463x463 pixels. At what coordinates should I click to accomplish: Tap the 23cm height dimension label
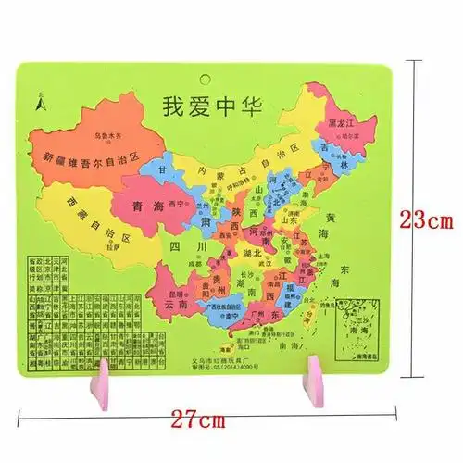(428, 220)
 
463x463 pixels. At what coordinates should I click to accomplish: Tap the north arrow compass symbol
(40, 102)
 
